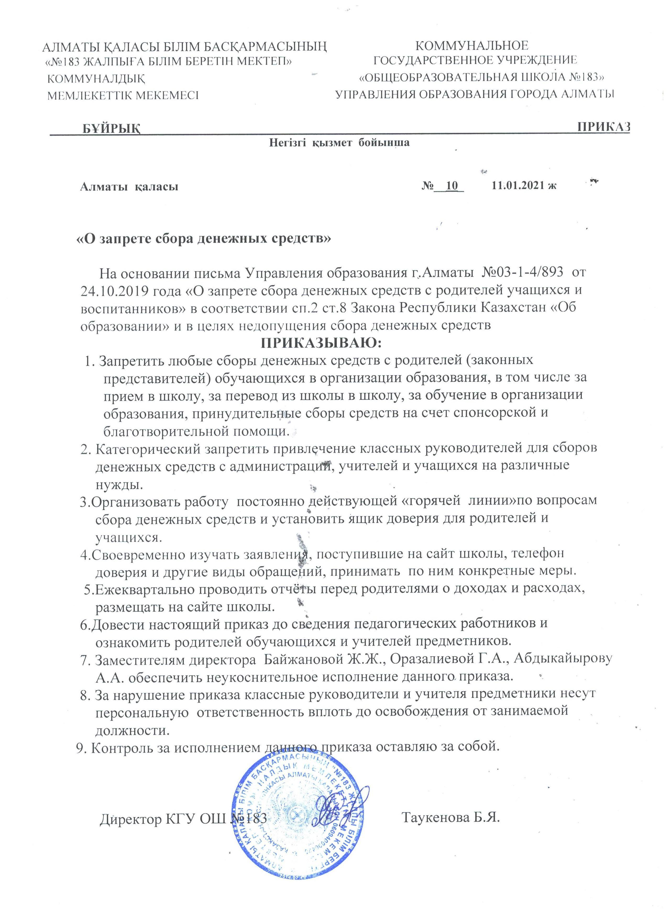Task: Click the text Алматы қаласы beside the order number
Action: coord(129,187)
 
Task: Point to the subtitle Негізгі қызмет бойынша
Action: coord(340,143)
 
